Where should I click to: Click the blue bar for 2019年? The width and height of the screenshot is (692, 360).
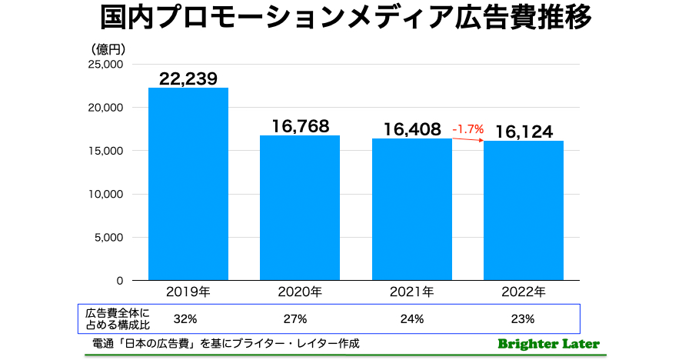[x=188, y=184]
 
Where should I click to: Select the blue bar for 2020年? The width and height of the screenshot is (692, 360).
[x=300, y=208]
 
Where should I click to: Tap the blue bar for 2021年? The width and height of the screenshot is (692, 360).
[x=412, y=209]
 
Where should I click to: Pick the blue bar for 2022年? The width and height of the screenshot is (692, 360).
[x=524, y=211]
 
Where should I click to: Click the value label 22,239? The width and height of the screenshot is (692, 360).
[x=188, y=78]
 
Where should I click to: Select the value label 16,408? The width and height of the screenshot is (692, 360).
[x=412, y=129]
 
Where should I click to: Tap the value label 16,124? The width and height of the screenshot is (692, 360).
[x=524, y=132]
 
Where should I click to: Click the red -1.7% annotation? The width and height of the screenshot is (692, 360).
[x=468, y=129]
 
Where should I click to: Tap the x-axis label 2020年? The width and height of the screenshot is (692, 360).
[x=300, y=292]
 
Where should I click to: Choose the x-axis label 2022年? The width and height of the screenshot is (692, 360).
[x=524, y=292]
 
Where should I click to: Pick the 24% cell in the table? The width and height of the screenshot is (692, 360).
[x=412, y=318]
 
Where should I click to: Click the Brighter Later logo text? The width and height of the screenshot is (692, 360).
[x=548, y=344]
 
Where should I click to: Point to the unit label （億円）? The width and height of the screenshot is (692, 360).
[x=108, y=48]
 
